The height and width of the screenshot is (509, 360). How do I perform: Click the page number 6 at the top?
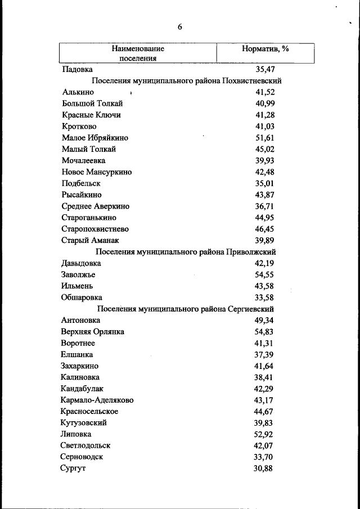pyautogui.click(x=180, y=26)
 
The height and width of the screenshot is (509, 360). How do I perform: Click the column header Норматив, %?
pyautogui.click(x=265, y=49)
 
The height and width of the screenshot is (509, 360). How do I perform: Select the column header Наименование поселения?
pyautogui.click(x=138, y=53)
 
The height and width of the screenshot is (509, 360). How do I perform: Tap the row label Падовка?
pyautogui.click(x=77, y=69)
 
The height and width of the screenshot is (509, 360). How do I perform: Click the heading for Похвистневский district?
pyautogui.click(x=186, y=80)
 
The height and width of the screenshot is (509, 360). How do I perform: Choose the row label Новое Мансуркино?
pyautogui.click(x=96, y=172)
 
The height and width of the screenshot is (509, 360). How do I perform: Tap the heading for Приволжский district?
pyautogui.click(x=186, y=252)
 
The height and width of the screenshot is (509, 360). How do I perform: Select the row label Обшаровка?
pyautogui.click(x=82, y=298)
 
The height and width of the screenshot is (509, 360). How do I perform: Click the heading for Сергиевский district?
pyautogui.click(x=186, y=309)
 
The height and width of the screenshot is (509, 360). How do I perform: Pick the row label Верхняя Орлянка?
pyautogui.click(x=92, y=332)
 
